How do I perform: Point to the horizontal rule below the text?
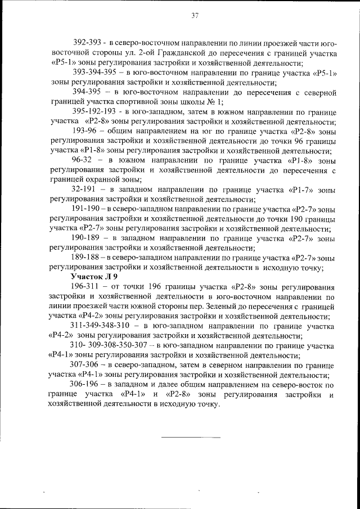pos(191,437)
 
